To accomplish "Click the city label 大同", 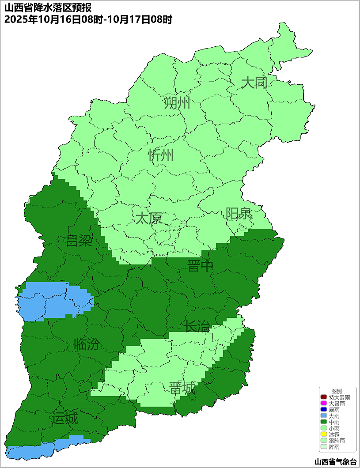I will [254, 83].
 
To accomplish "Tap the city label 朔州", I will [177, 103].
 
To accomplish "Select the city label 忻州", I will [161, 155].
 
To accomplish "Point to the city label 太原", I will [148, 218].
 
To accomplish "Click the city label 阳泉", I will [239, 214].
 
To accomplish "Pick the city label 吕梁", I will [79, 241].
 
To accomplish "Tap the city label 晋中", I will [200, 266].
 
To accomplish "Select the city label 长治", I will [197, 327].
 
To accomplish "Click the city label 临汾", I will [87, 344].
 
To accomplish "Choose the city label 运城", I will [64, 418].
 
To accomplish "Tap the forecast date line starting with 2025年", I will [88, 19].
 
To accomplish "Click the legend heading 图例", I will [337, 391].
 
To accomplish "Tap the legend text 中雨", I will [334, 423].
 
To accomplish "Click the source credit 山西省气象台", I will [335, 462].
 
